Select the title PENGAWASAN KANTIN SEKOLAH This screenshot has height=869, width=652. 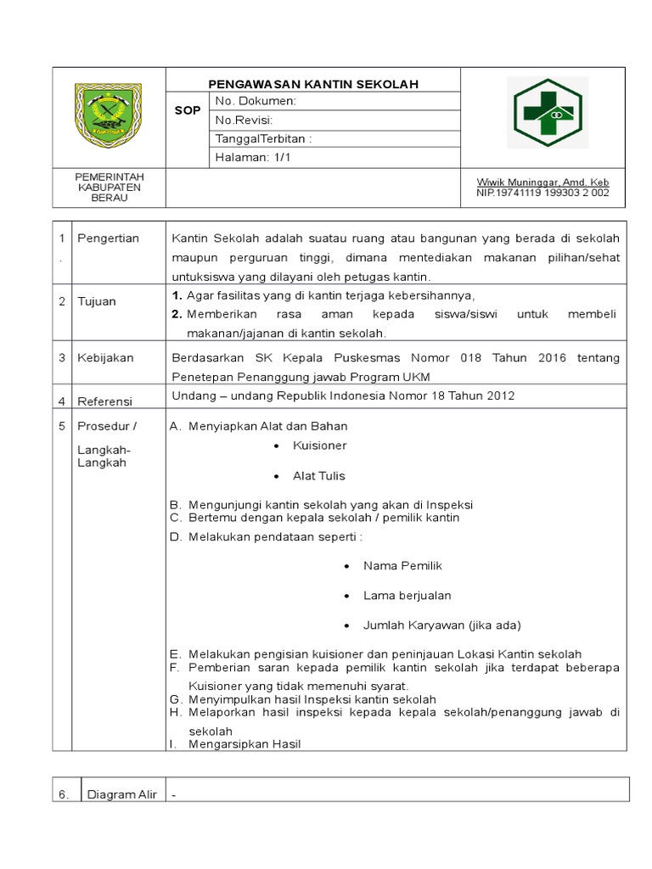(x=313, y=84)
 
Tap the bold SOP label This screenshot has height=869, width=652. (x=188, y=111)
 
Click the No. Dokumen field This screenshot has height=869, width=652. (x=256, y=101)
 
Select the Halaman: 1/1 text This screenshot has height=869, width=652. (x=253, y=157)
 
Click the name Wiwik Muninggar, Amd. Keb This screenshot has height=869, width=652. (x=542, y=182)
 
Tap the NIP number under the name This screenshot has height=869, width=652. (x=542, y=193)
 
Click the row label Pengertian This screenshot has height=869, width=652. (x=108, y=238)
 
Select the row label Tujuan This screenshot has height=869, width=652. (x=97, y=301)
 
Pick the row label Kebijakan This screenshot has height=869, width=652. (x=105, y=358)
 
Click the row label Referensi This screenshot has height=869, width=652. (x=105, y=400)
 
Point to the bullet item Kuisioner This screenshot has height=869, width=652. (x=319, y=446)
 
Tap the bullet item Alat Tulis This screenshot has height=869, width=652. (x=319, y=476)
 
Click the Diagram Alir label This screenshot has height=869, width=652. (x=122, y=795)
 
